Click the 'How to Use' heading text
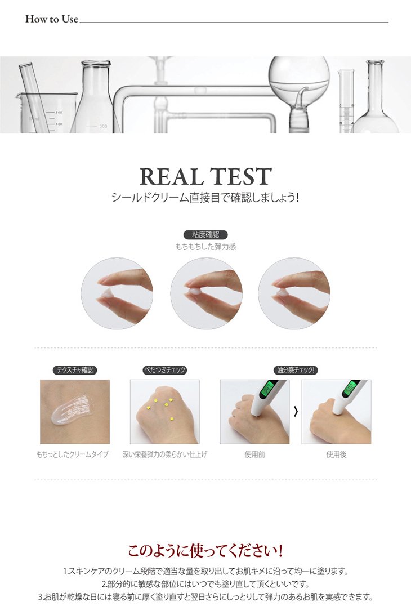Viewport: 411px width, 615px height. [x=52, y=19]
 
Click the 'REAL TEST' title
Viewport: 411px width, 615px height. [x=205, y=176]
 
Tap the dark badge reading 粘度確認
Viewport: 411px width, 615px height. [x=205, y=235]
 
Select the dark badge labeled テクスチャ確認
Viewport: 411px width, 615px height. [x=74, y=370]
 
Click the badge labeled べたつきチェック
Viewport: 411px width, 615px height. [x=164, y=370]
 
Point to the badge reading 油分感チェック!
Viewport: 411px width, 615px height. [x=296, y=370]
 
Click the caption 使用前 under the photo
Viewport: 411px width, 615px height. [x=254, y=454]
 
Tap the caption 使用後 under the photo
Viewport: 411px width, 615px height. [x=336, y=454]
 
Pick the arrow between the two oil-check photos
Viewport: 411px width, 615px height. [x=296, y=412]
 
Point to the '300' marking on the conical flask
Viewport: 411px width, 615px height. [x=102, y=126]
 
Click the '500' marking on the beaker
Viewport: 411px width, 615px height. [x=59, y=113]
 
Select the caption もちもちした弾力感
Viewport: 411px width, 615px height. [x=205, y=247]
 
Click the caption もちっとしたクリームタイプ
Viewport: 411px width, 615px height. [x=73, y=454]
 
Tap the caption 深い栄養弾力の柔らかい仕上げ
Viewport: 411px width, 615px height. [x=165, y=454]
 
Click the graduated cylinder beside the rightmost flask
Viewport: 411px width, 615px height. [x=346, y=101]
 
